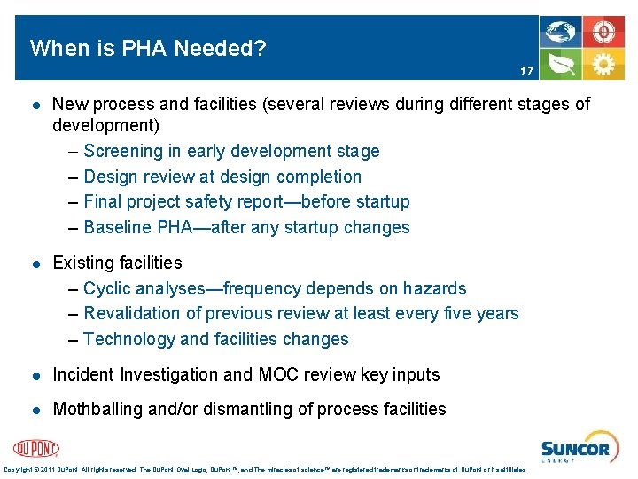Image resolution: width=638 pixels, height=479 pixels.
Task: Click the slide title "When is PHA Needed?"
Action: pyautogui.click(x=148, y=48)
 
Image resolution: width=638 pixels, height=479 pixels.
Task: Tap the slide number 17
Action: pyautogui.click(x=526, y=71)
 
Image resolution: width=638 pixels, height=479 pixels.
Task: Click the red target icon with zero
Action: pyautogui.click(x=603, y=32)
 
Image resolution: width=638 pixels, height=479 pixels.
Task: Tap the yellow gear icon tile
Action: pyautogui.click(x=603, y=65)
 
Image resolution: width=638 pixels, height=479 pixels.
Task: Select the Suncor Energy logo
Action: pyautogui.click(x=575, y=449)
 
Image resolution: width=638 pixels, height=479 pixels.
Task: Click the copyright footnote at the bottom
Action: pyautogui.click(x=265, y=469)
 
